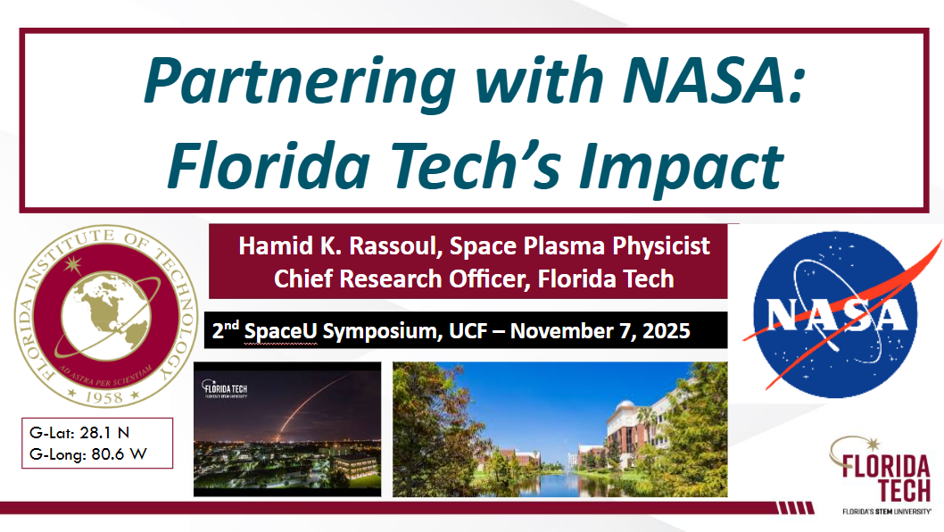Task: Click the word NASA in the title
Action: coord(714,80)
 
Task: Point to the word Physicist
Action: coord(661,246)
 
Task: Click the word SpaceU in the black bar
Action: coord(280,331)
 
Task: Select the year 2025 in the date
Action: coord(666,331)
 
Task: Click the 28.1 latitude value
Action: coord(95,433)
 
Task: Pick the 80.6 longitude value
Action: coord(107,454)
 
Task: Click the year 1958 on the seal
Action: coord(104,397)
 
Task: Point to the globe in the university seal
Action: coord(106,316)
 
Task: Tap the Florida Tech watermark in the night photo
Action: coord(225,389)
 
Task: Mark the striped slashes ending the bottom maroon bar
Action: coord(795,508)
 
